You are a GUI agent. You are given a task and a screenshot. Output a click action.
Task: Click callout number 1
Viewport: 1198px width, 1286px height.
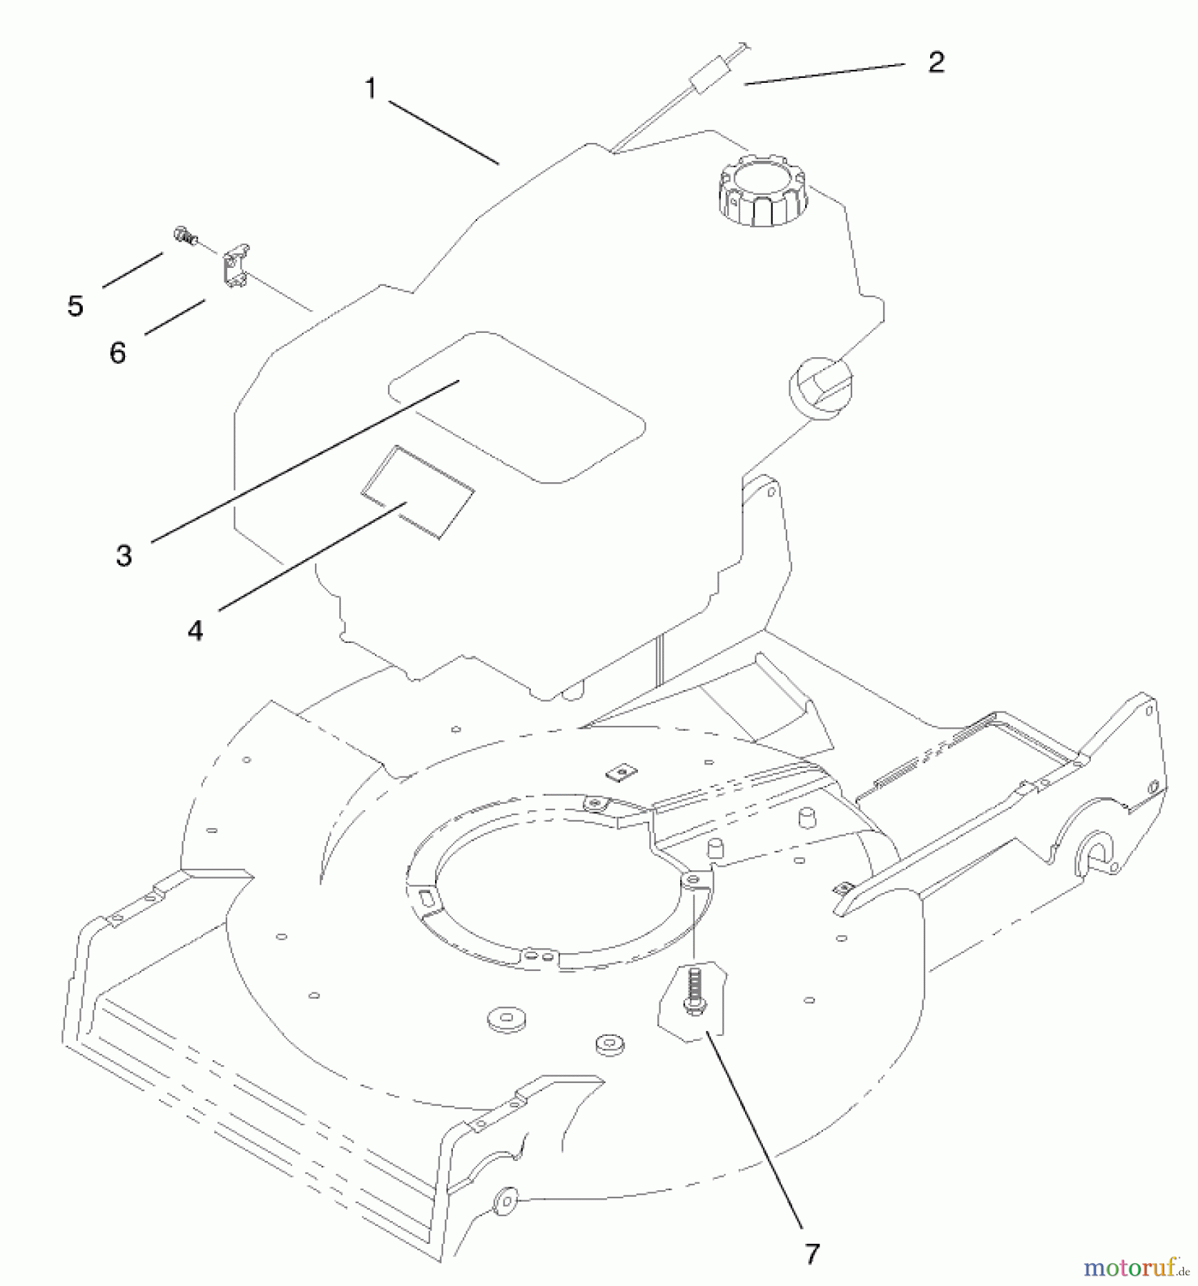click(x=370, y=89)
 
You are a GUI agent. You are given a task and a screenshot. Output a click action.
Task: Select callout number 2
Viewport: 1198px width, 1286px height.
click(x=936, y=62)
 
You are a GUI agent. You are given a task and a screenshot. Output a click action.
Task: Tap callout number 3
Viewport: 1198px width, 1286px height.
click(x=124, y=555)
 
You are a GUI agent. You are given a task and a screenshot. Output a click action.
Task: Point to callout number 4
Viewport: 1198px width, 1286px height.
click(x=195, y=631)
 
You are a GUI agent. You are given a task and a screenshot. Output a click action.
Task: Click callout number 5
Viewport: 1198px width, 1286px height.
click(x=75, y=306)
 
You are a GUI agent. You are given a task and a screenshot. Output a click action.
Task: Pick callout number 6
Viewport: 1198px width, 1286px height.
click(x=118, y=352)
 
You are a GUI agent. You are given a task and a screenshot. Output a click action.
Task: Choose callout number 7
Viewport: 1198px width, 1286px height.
click(x=812, y=1253)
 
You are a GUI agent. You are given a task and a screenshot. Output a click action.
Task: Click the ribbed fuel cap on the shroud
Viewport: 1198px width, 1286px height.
click(x=762, y=190)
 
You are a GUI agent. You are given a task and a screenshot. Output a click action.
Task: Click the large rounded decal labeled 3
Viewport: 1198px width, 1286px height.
click(x=516, y=406)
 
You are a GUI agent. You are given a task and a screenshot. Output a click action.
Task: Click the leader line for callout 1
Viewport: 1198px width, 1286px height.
click(x=444, y=133)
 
